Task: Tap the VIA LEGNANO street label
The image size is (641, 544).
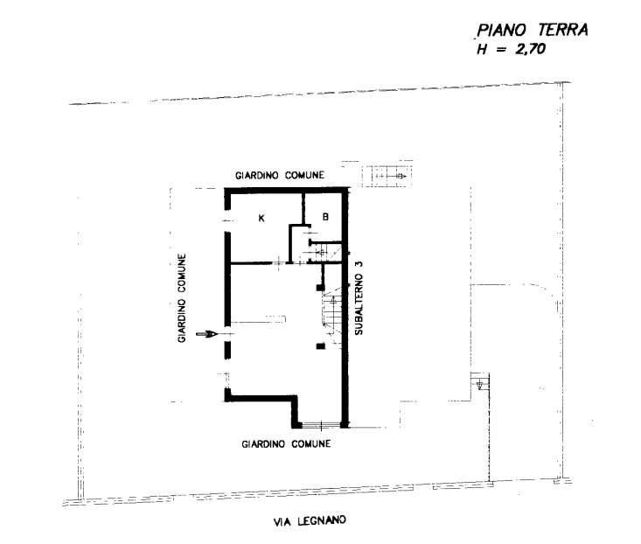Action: tap(310, 521)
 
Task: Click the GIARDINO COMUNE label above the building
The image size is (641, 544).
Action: tap(280, 176)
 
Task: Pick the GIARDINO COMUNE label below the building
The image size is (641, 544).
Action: tap(286, 443)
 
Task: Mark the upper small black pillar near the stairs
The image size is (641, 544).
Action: tap(320, 284)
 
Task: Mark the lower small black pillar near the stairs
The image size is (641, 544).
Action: tap(320, 346)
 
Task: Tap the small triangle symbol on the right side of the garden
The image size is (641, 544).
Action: tap(478, 383)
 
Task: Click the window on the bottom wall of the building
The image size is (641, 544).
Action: tap(322, 426)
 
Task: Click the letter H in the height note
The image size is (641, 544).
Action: tap(480, 51)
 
